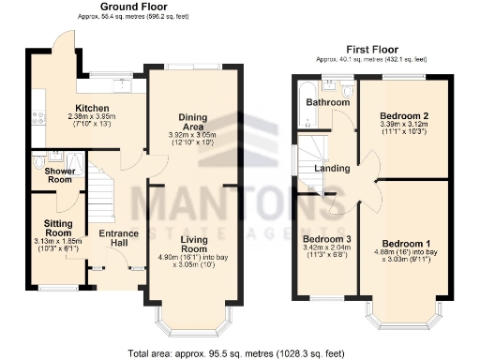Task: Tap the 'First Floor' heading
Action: [x=372, y=49]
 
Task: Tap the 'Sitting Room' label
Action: [x=52, y=229]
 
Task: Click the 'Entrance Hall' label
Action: [x=119, y=238]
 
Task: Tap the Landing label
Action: [x=333, y=169]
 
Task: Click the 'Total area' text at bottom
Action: [x=240, y=353]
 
